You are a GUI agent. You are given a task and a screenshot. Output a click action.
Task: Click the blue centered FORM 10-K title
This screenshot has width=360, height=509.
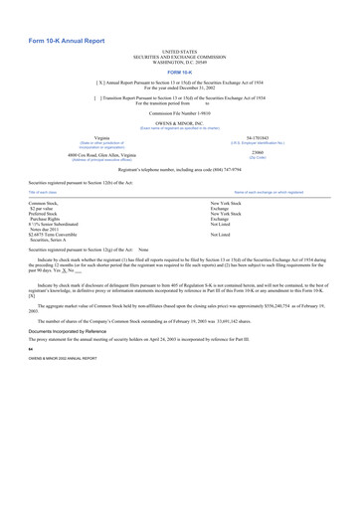pos(180,73)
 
